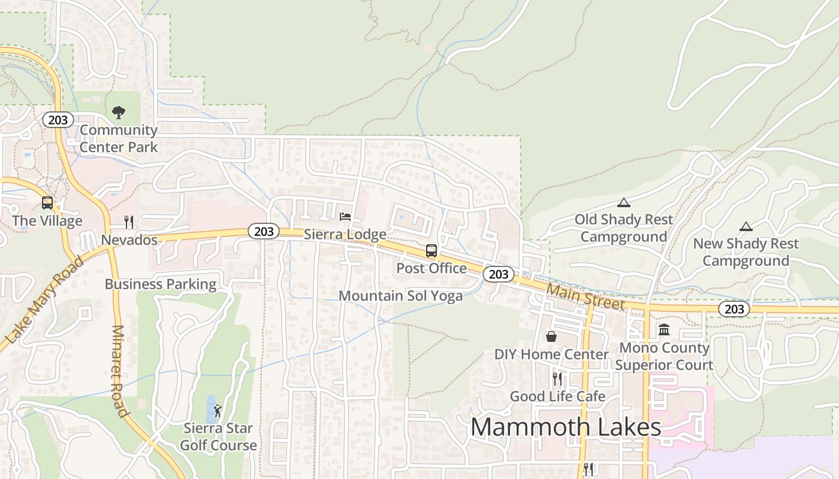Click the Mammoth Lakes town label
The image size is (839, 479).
click(x=566, y=428)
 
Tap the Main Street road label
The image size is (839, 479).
click(x=586, y=296)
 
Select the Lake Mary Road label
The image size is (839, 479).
click(x=44, y=301)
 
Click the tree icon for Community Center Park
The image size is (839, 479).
click(x=119, y=112)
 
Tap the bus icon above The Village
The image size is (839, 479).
click(x=47, y=203)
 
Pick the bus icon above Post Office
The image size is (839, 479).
click(x=431, y=251)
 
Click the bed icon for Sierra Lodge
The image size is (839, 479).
click(x=345, y=216)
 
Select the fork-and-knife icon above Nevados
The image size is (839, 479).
click(x=129, y=222)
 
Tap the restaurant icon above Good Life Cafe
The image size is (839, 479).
click(x=557, y=378)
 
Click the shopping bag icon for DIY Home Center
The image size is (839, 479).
click(x=551, y=336)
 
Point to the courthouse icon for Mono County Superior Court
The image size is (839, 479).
click(x=664, y=329)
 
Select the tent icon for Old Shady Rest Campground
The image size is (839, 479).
click(x=624, y=202)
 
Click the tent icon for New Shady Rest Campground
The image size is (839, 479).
click(x=746, y=226)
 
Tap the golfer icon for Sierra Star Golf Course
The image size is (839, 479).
click(x=218, y=411)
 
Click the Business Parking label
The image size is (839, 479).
click(x=161, y=284)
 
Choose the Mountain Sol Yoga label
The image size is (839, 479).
click(x=401, y=296)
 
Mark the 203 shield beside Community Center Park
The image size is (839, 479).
click(x=58, y=120)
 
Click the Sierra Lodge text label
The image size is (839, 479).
click(x=345, y=234)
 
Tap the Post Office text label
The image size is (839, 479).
click(x=431, y=268)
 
